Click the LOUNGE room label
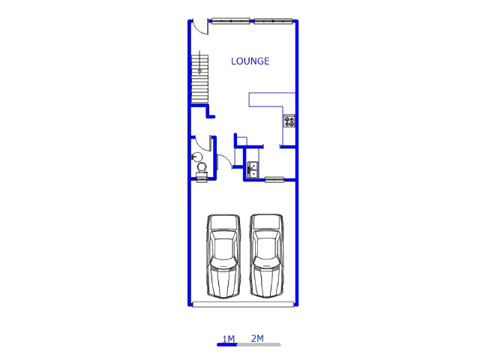(250, 61)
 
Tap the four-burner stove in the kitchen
(289, 121)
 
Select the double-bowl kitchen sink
(253, 170)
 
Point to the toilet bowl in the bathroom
(202, 167)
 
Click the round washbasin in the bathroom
(196, 157)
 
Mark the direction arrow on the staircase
(199, 62)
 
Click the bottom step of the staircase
(200, 100)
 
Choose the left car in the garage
(223, 256)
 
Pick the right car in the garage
(266, 256)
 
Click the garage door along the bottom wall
(243, 304)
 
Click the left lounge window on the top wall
(230, 21)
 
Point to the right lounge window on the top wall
(273, 21)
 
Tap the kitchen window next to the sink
(274, 180)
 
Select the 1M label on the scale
(228, 339)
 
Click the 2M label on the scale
(257, 338)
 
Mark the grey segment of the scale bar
(259, 345)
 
